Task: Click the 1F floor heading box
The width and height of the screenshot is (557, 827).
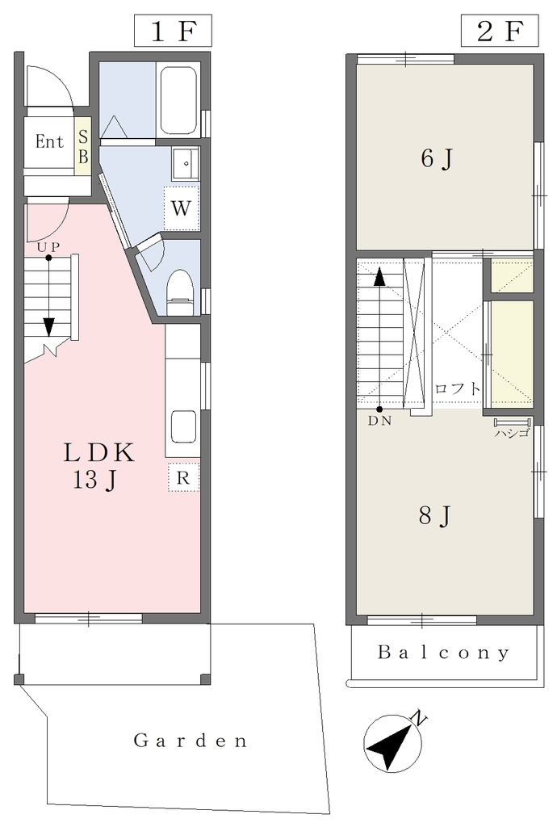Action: [x=173, y=31]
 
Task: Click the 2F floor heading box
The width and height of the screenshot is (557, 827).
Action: [x=500, y=31]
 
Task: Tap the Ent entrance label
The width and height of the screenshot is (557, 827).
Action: [x=49, y=141]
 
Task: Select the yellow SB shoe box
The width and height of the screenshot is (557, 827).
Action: [x=82, y=146]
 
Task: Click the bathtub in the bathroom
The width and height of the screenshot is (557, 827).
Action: [x=178, y=100]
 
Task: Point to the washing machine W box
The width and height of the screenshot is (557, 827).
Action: [x=182, y=208]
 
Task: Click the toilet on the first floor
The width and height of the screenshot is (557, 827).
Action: [x=180, y=292]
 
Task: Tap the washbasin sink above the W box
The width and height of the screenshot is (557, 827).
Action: [x=184, y=163]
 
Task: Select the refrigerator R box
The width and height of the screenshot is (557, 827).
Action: [x=183, y=478]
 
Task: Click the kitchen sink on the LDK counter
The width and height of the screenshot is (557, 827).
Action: [x=183, y=427]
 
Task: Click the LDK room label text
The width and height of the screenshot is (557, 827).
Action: [x=99, y=452]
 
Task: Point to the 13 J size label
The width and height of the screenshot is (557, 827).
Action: [x=95, y=481]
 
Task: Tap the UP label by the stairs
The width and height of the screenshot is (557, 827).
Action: [x=48, y=247]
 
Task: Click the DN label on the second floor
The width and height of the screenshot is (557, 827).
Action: [x=379, y=422]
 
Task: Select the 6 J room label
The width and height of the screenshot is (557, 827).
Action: [x=437, y=159]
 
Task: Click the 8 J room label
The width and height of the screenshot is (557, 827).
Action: [x=435, y=516]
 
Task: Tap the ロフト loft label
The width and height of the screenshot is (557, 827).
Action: [x=458, y=389]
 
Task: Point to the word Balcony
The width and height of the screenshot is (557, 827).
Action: [x=444, y=653]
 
